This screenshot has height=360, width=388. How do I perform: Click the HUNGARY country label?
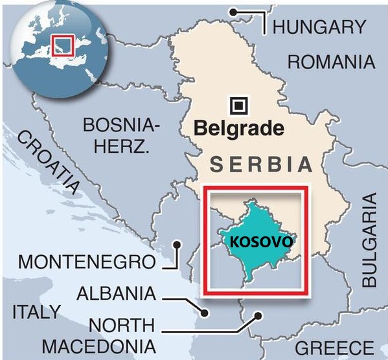pos(319,27)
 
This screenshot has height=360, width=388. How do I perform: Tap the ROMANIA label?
pos(331,62)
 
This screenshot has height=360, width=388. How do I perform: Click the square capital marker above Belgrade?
pos(239,104)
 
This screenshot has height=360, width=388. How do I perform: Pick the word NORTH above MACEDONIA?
pos(122,324)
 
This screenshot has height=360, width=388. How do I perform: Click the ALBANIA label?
pos(116,293)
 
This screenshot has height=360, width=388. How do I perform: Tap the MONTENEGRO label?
pos(87,262)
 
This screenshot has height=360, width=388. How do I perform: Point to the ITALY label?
pos(34,311)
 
